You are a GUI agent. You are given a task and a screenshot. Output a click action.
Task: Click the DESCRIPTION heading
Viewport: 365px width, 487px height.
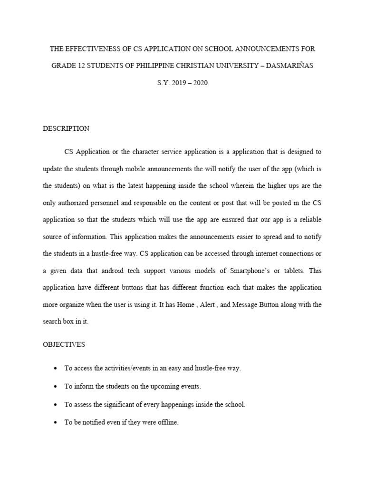click(66, 128)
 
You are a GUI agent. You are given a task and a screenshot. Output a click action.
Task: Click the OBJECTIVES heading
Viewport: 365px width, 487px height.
click(64, 344)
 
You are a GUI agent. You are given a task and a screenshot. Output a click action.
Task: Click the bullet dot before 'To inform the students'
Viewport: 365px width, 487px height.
click(57, 387)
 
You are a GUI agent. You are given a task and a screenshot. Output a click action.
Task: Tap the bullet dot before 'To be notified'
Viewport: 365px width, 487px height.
click(57, 422)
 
